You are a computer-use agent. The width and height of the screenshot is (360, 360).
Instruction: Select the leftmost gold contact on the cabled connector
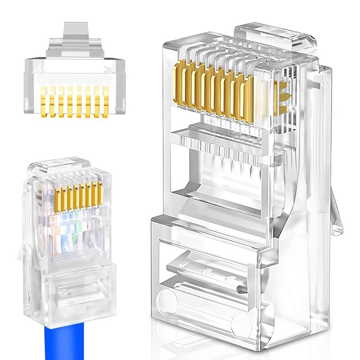[58, 198]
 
